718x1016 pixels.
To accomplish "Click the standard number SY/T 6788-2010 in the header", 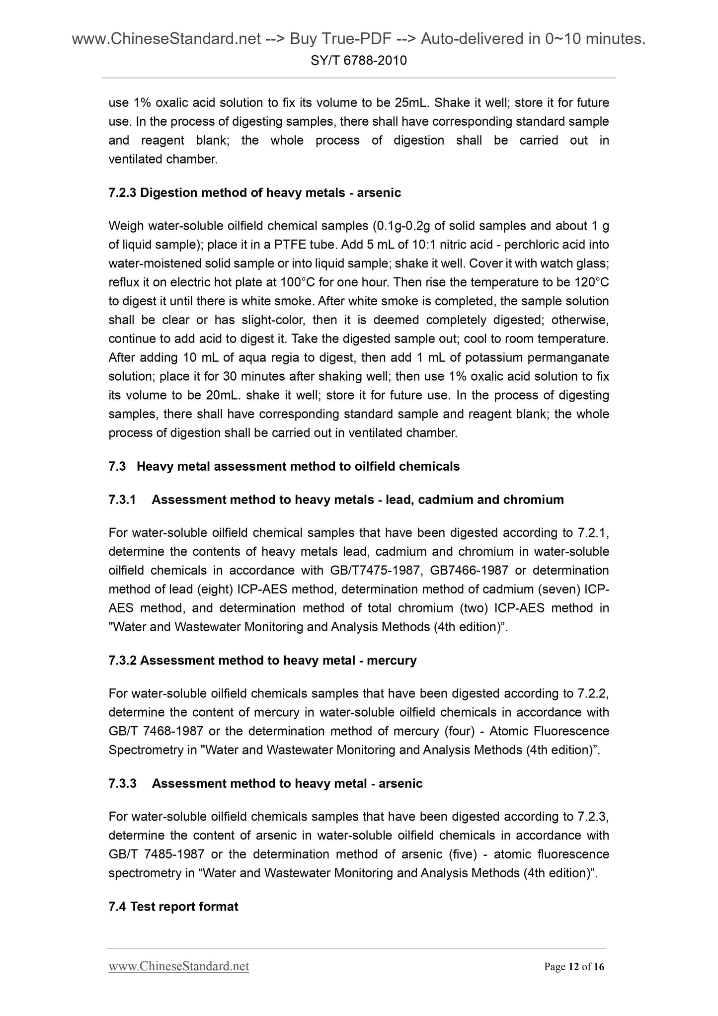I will tap(359, 61).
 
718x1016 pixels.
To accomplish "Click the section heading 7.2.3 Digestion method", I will tap(254, 193).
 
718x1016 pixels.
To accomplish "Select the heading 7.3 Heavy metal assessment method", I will tap(284, 466).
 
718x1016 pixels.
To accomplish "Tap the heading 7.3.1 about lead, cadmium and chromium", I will tap(336, 500).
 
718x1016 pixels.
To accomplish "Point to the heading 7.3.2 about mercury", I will tap(262, 660).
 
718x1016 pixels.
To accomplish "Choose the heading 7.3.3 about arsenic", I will tap(265, 783).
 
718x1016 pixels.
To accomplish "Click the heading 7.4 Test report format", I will tap(173, 906).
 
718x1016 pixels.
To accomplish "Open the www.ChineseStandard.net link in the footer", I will tap(179, 966).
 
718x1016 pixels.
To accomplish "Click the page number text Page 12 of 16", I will tap(574, 967).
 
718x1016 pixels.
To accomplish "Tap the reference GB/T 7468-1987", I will tap(157, 731).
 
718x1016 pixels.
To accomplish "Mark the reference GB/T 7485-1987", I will tap(157, 854).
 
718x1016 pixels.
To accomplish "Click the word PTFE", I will tap(285, 245).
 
